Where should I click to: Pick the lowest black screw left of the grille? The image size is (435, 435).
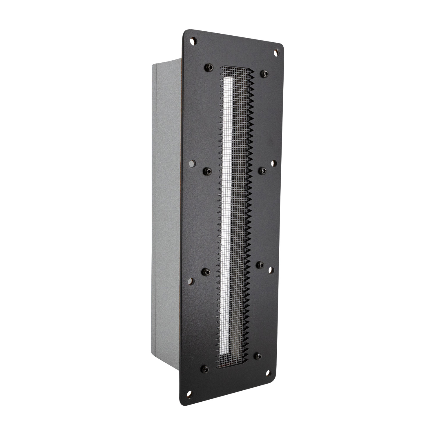(x=205, y=369)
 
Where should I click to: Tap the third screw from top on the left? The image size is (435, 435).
(x=206, y=272)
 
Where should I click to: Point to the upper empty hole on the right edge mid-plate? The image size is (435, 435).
(x=273, y=163)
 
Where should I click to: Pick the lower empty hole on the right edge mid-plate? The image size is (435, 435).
(x=270, y=270)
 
